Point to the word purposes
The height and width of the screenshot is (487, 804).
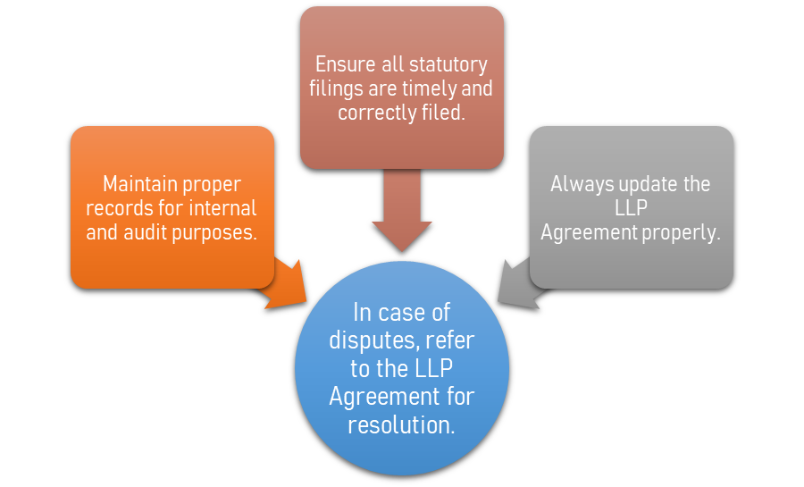pyautogui.click(x=222, y=232)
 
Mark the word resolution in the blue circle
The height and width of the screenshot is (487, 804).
pyautogui.click(x=402, y=424)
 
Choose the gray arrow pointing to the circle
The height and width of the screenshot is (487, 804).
pyautogui.click(x=521, y=284)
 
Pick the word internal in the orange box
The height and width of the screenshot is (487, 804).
pyautogui.click(x=222, y=208)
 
